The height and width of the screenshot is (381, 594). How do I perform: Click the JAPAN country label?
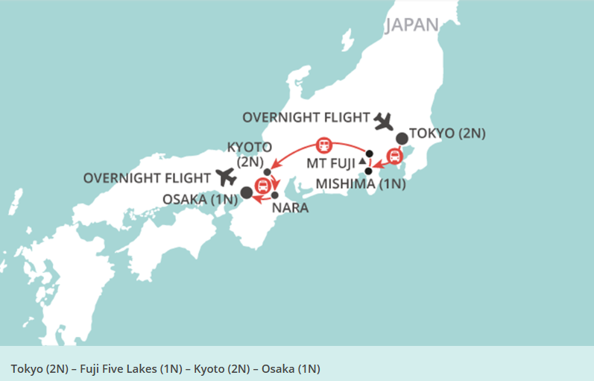412,24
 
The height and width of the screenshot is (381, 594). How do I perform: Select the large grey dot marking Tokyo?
402,138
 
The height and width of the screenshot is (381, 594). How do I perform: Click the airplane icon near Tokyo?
384,119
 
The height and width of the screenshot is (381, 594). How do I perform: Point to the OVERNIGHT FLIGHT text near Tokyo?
306,117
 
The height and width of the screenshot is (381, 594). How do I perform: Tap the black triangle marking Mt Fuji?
362,161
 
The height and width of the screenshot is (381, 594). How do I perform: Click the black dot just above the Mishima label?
368,171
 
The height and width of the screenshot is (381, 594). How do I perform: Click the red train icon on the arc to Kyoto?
323,144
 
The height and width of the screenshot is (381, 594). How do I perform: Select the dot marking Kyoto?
267,172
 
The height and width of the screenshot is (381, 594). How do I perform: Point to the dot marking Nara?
274,195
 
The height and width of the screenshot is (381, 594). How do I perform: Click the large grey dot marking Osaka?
246,192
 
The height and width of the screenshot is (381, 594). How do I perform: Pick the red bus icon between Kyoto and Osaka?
262,186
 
